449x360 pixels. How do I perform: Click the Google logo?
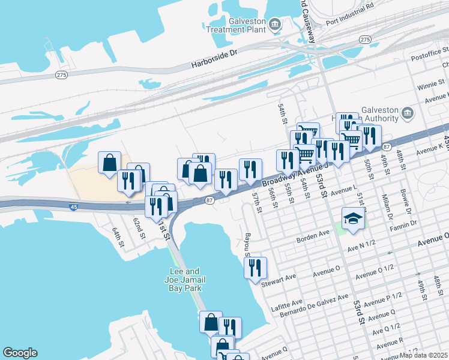[x=20, y=353]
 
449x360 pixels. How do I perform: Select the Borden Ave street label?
[x=313, y=235]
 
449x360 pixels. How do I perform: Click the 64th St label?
[x=118, y=237]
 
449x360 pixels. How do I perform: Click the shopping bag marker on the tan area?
[x=109, y=162]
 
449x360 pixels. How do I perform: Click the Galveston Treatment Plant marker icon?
[x=275, y=25]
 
